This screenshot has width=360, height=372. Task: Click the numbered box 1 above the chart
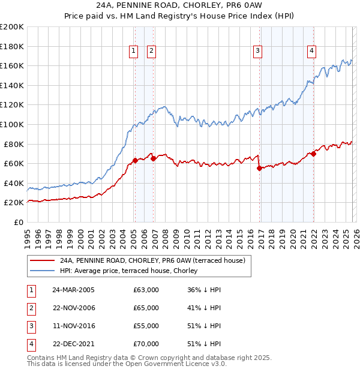click(133, 51)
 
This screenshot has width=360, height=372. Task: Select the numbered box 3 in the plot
click(257, 51)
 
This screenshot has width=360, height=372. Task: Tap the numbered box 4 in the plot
click(312, 51)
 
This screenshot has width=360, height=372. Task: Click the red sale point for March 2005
click(135, 160)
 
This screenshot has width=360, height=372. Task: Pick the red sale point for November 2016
click(259, 169)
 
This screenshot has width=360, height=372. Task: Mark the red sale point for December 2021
click(313, 154)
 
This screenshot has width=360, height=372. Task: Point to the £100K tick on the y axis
click(11, 124)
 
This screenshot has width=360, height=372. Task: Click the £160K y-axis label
click(11, 65)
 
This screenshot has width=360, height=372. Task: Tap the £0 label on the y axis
click(19, 222)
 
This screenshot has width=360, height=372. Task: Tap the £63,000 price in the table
click(146, 290)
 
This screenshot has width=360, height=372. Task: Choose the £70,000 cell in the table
click(146, 344)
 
